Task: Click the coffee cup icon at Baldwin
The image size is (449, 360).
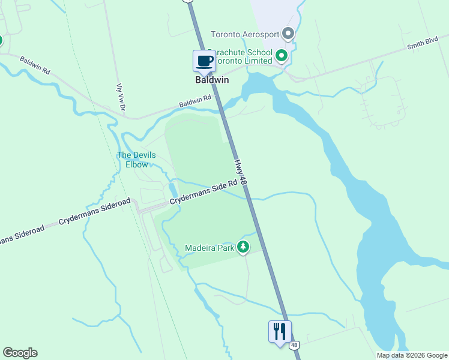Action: coord(204,61)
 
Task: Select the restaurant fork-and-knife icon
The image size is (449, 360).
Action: coord(280,332)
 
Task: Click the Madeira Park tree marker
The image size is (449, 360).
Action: coord(243,247)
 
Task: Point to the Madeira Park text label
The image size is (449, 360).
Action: coord(209,247)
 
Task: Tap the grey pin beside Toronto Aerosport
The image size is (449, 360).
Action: coord(288,34)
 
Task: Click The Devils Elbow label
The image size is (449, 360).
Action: coord(136,160)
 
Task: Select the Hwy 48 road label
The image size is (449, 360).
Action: coord(240,172)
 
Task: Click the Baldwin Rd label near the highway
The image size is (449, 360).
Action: coord(195,101)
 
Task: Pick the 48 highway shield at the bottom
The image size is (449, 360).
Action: coord(294,346)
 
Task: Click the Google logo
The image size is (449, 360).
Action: coord(20,353)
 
